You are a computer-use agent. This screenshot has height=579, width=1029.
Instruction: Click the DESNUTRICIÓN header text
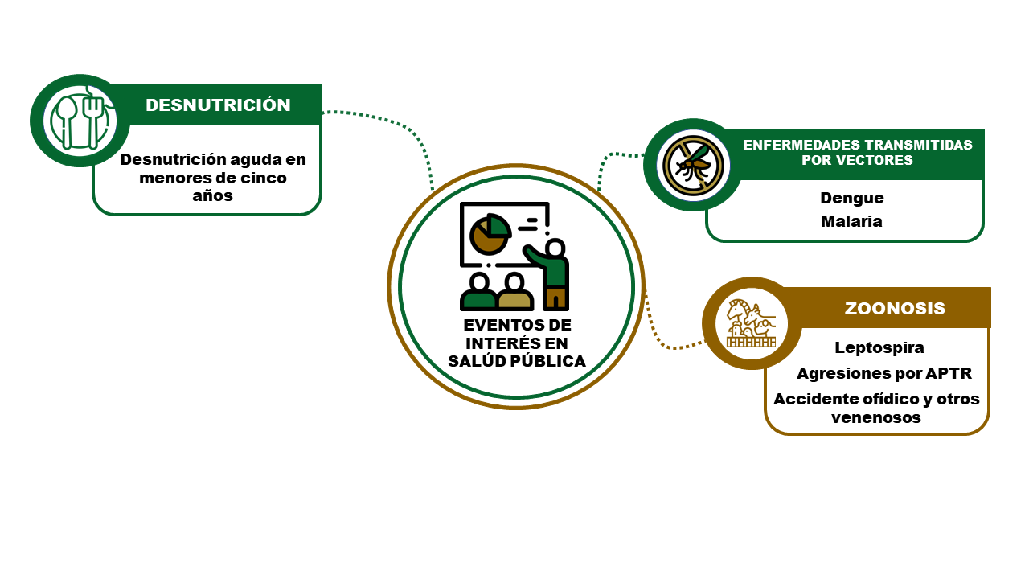(218, 105)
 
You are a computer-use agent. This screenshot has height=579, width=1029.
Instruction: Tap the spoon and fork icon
(81, 121)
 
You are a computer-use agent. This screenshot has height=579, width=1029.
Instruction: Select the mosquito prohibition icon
(693, 166)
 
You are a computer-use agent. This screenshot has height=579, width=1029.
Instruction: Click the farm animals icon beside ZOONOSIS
(751, 323)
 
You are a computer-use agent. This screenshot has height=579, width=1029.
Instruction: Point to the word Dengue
(852, 198)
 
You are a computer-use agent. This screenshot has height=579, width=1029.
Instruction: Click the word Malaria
(851, 221)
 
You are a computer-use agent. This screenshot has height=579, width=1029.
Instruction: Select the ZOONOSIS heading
(895, 308)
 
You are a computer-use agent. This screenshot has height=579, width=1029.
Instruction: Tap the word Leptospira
(879, 348)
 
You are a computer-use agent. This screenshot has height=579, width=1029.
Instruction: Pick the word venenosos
(876, 417)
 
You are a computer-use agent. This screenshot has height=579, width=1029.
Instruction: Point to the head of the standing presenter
(555, 248)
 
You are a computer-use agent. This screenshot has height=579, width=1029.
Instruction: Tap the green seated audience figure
(478, 292)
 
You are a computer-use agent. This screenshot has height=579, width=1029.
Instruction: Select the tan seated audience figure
(515, 292)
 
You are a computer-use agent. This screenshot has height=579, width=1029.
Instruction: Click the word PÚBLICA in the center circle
(548, 361)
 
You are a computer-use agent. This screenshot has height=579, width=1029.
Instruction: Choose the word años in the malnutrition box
(212, 195)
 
